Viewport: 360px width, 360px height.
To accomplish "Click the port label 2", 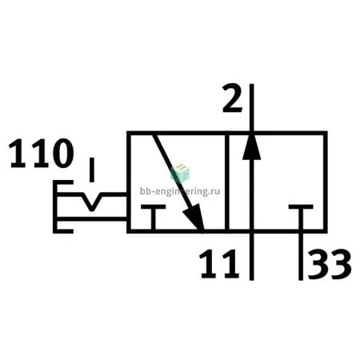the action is coord(233,98).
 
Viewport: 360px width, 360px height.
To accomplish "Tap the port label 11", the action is coord(219,264).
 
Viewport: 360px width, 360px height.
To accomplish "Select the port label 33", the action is coord(330,264).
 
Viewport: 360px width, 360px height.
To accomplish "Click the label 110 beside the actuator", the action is coord(42,153).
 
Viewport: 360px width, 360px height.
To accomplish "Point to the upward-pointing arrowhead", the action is coord(251,146).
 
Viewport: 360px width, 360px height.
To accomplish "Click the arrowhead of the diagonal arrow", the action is coord(194,218).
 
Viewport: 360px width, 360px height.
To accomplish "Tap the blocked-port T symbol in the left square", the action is coord(153,217).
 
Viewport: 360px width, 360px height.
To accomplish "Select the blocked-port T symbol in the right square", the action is coord(301,217).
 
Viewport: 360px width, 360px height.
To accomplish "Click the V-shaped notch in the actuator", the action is coord(92,202).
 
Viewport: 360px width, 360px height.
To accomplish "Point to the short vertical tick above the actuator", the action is coord(92,170).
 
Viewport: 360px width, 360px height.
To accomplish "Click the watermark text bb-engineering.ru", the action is coord(180,191).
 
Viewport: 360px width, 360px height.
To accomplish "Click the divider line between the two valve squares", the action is coord(227,182).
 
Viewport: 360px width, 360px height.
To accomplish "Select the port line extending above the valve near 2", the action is coord(251,107).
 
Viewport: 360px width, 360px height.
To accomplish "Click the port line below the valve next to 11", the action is coord(251,257).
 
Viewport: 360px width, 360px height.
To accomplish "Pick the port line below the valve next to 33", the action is coord(301,257).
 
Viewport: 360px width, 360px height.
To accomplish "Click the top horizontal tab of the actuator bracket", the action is coord(63,182).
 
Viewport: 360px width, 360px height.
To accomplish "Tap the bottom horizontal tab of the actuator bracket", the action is coord(63,231).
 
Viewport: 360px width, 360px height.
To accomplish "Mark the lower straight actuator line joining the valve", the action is coord(92,219).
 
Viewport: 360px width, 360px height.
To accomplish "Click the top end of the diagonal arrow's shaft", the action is coord(154,135).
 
